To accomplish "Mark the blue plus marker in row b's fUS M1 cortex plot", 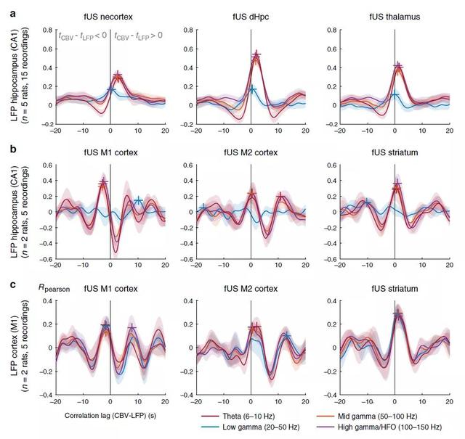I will tap(138, 200).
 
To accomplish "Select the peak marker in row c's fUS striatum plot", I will tap(397, 314).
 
